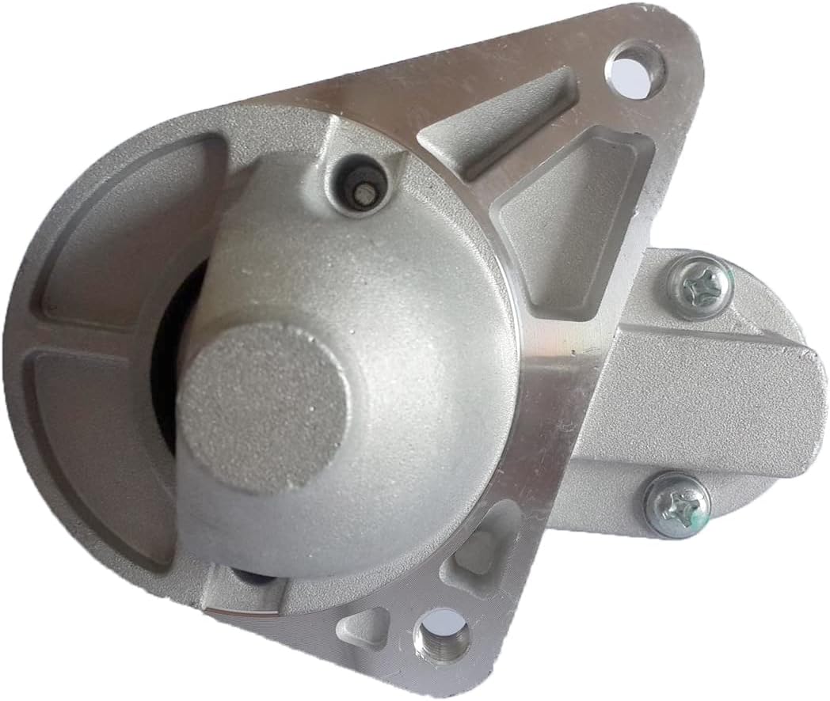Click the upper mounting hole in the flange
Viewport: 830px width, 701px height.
[x=635, y=69]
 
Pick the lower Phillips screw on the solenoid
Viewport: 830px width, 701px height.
[x=676, y=505]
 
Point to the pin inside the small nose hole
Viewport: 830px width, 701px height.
[x=362, y=191]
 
